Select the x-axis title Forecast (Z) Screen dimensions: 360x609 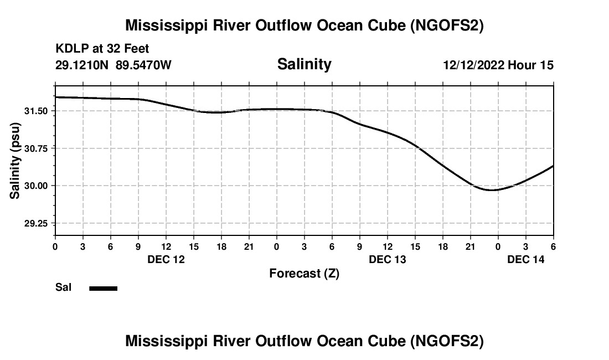tap(304, 273)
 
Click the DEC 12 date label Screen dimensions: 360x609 tap(166, 259)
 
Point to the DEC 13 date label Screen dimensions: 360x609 tap(388, 259)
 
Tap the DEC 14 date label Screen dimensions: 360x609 tap(526, 259)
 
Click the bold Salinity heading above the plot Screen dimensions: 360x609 tap(304, 64)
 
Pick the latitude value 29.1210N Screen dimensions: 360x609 tap(82, 65)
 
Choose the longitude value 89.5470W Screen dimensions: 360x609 tap(143, 65)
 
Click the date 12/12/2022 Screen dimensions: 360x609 tap(474, 65)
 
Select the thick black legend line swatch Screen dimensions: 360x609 tap(104, 288)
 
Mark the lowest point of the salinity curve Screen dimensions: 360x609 tap(492, 190)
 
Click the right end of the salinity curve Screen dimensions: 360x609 tap(553, 166)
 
